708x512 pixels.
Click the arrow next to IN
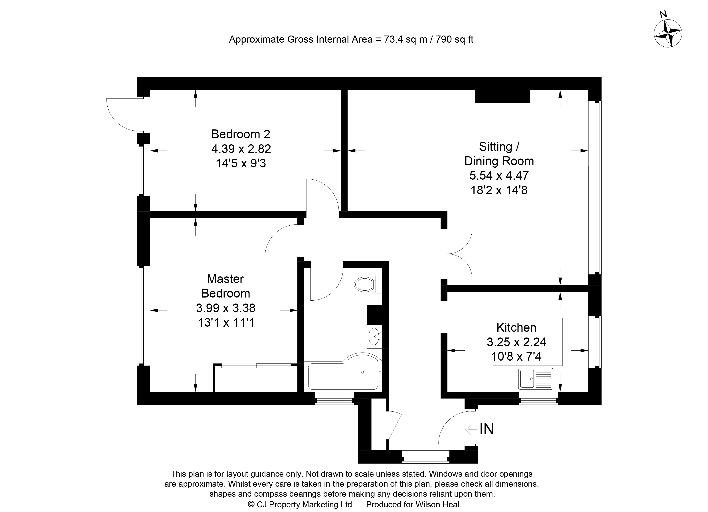[471, 429]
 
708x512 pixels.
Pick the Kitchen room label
[516, 327]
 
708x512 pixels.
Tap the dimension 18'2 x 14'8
[499, 190]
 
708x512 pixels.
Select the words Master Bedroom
[226, 286]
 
